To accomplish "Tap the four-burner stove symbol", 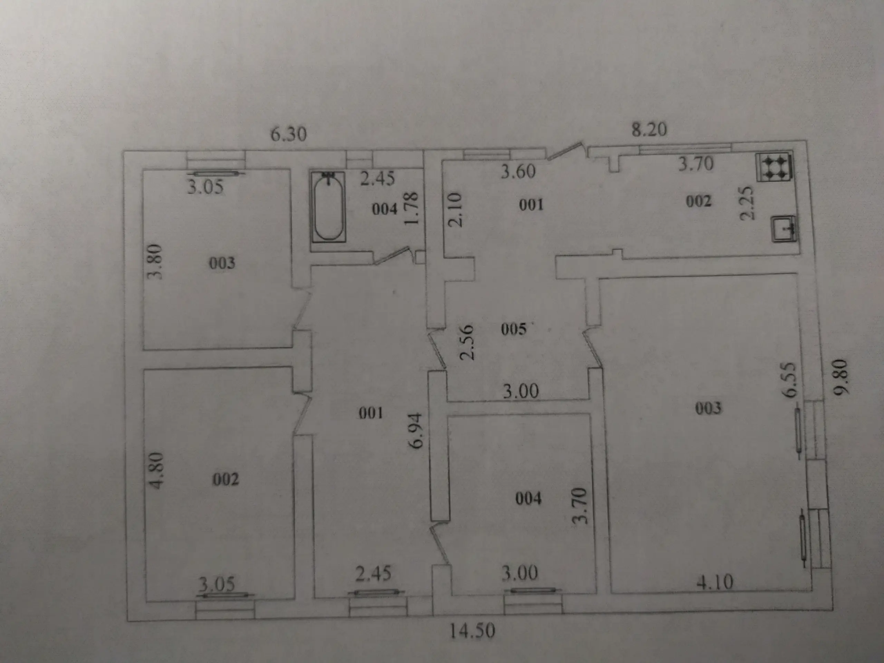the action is pos(774,167).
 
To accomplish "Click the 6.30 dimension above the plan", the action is pos(289,134).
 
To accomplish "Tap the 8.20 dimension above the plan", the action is pos(649,129).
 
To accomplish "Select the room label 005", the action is pos(513,329).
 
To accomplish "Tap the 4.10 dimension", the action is pos(715,582).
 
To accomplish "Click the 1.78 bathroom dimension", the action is pos(411,208).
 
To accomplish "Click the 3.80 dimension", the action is pos(155,262).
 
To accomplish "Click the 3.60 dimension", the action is pos(518,171).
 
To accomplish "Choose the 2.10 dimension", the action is pos(455,210).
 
